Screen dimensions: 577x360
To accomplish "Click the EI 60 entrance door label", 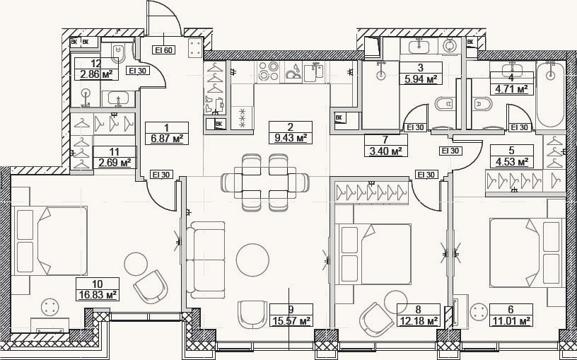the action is point(164,50).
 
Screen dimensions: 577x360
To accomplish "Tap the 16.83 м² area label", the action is point(98,295).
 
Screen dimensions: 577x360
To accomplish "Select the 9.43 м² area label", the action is point(291,139).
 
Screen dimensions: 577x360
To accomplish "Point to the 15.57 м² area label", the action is point(291,321).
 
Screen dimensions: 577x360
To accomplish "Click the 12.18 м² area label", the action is point(418,321).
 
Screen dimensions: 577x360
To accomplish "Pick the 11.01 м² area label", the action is point(511,321).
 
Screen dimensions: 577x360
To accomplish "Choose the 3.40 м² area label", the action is point(385,151).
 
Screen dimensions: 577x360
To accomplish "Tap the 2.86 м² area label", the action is point(96,75).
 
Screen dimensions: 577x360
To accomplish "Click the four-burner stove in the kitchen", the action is point(267,71).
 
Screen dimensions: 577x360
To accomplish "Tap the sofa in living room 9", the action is point(205,260).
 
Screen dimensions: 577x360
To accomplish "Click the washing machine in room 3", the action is point(449,46).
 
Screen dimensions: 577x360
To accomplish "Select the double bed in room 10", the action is point(51,240).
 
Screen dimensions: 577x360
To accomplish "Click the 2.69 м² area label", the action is point(115,162).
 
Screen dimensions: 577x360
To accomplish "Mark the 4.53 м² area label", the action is point(511,161).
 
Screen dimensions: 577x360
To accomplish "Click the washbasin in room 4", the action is point(512,68).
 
